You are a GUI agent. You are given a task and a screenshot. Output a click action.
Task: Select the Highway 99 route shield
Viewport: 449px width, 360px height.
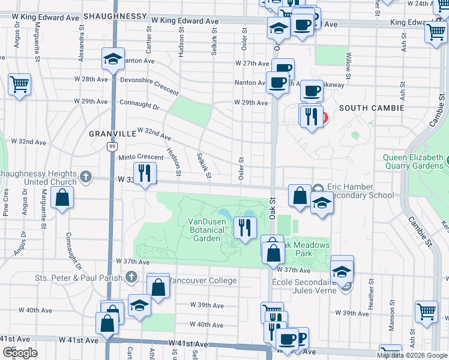[x=112, y=146]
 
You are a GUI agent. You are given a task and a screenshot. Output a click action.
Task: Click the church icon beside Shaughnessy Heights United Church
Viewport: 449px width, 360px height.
[x=86, y=176]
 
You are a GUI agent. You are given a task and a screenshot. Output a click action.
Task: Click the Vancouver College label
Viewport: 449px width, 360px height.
[x=203, y=280]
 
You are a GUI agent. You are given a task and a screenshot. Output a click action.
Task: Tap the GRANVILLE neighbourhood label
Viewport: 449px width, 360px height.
[x=113, y=134]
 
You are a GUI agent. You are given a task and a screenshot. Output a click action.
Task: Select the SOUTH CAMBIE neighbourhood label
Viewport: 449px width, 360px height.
[x=370, y=108]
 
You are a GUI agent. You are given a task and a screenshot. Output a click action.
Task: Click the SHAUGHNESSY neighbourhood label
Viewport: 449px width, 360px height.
[x=115, y=16]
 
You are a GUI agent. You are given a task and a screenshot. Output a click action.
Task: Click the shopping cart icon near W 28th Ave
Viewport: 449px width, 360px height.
[x=19, y=85]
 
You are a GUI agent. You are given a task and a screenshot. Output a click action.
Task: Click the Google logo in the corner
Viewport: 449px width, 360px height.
[x=19, y=353]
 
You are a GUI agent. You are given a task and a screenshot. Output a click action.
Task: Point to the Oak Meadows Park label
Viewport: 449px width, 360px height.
[x=306, y=249]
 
